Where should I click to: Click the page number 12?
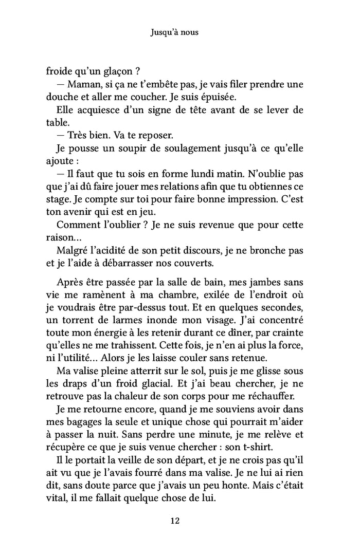click(x=174, y=521)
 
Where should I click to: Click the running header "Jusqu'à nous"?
click(x=174, y=32)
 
